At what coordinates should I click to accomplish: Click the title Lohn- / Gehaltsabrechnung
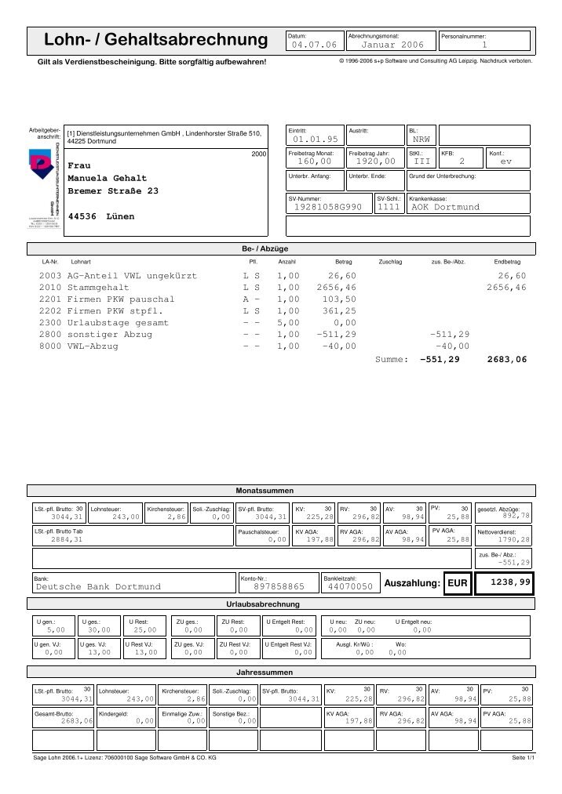[x=155, y=40]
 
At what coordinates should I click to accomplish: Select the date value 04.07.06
[x=313, y=45]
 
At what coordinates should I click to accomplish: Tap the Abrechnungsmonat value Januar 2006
[x=390, y=45]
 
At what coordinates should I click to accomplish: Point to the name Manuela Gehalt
[x=104, y=179]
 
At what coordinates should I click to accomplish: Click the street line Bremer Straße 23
[x=113, y=191]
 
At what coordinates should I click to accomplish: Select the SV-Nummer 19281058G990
[x=327, y=207]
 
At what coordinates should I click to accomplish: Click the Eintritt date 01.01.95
[x=314, y=139]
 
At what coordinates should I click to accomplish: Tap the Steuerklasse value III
[x=422, y=161]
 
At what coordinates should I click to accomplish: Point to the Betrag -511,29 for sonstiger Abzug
[x=336, y=334]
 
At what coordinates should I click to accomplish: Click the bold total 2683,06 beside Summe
[x=506, y=359]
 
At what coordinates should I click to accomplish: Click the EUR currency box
[x=456, y=583]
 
